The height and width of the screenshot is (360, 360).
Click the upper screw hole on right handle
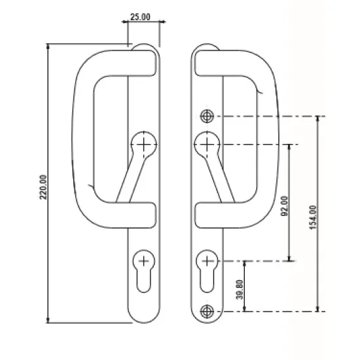pos(207,117)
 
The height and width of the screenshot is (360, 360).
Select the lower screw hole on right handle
pos(207,310)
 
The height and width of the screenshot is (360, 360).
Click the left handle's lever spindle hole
pos(143,143)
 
